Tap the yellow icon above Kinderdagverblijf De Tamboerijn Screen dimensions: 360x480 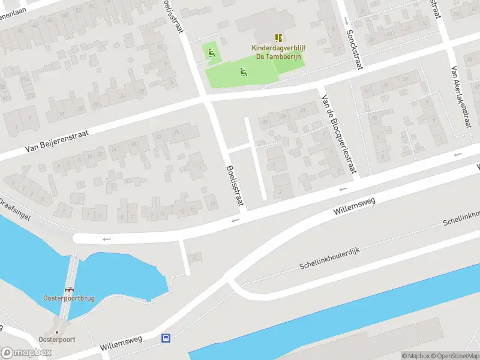(278, 37)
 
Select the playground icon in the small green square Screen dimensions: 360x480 (210, 53)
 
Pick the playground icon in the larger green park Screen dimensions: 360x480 (243, 73)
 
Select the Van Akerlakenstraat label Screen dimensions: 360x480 (461, 96)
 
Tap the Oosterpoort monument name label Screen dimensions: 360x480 (57, 340)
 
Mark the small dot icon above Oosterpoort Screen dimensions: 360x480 (57, 331)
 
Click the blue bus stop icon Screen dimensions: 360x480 (165, 338)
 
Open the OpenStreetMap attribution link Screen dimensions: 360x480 (454, 356)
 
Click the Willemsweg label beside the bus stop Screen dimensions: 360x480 (121, 343)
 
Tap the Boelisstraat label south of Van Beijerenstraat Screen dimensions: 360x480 (236, 185)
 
